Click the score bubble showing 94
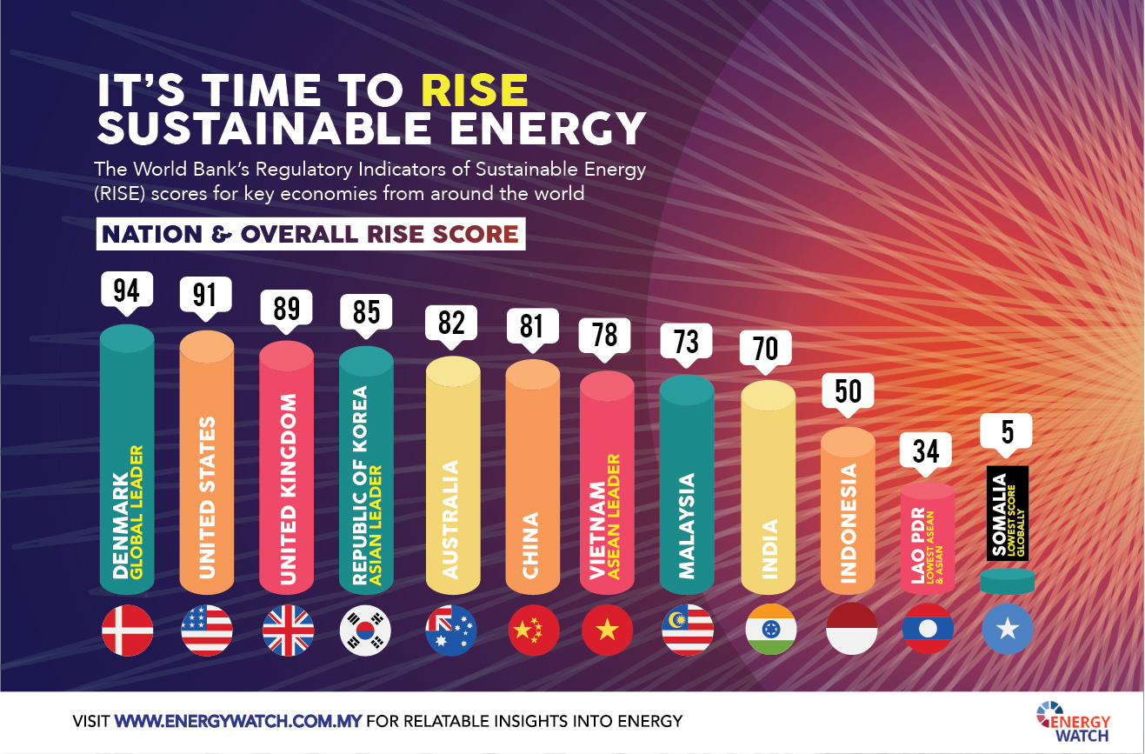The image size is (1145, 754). click(127, 289)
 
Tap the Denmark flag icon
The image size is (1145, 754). click(128, 629)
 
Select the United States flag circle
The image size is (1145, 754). click(206, 629)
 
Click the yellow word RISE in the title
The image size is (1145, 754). click(474, 90)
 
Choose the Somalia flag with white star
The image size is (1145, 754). click(1007, 629)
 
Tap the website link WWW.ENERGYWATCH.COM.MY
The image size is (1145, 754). click(238, 721)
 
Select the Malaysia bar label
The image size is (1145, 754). click(687, 525)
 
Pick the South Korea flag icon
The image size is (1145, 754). click(366, 629)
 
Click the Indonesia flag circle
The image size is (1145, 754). click(848, 629)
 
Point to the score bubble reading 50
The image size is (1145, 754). click(848, 391)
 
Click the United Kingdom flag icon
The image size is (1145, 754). click(287, 629)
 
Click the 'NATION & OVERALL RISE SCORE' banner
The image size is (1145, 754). click(310, 234)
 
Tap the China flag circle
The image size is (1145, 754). click(533, 629)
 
